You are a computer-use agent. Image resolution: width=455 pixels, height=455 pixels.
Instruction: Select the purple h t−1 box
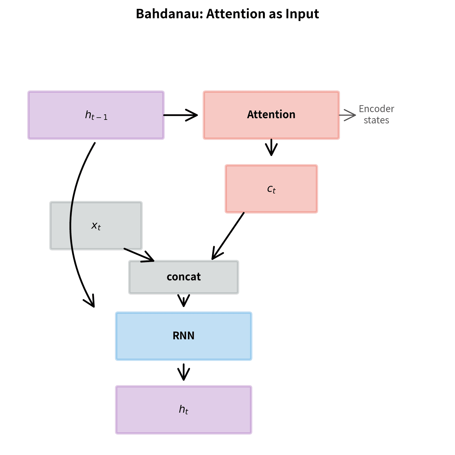click(96, 115)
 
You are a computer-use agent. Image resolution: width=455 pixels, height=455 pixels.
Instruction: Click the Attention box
click(271, 115)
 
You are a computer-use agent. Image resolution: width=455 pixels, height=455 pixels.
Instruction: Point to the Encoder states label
click(376, 114)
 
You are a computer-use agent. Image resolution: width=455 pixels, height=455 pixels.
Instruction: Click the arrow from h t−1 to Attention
click(180, 115)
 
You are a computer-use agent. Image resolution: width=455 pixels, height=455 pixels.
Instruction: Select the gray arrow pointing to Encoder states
click(348, 115)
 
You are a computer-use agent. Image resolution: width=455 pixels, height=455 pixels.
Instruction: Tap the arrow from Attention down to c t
click(271, 148)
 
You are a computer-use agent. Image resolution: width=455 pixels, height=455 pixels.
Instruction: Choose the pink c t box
click(271, 189)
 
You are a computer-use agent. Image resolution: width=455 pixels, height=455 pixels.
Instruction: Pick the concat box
click(183, 277)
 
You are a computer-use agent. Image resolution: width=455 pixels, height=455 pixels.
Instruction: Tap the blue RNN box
click(183, 336)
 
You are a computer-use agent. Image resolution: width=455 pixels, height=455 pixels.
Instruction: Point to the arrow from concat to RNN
click(183, 301)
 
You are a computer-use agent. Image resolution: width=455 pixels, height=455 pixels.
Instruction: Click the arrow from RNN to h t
click(183, 372)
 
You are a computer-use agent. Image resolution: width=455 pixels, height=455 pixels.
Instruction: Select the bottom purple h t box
click(183, 410)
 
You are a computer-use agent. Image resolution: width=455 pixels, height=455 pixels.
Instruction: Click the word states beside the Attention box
click(376, 120)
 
